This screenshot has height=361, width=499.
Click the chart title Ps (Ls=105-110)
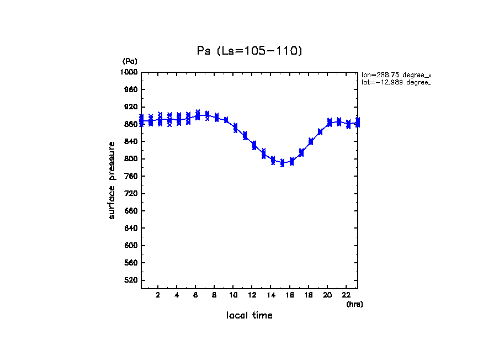(250, 51)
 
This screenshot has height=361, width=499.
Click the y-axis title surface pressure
(112, 180)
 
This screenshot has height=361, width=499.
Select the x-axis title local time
(250, 316)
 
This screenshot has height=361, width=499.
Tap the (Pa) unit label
(130, 61)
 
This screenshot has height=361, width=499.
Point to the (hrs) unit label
(354, 304)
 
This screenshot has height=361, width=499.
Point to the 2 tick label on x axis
(158, 295)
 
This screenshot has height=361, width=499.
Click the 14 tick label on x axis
(271, 295)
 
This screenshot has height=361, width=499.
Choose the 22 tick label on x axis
(346, 295)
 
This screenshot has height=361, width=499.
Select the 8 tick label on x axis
(214, 295)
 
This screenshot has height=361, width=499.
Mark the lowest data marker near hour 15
(282, 164)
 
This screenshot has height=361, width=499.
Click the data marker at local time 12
(254, 145)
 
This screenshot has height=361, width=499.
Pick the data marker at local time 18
(311, 141)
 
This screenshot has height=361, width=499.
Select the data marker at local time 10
(235, 128)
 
